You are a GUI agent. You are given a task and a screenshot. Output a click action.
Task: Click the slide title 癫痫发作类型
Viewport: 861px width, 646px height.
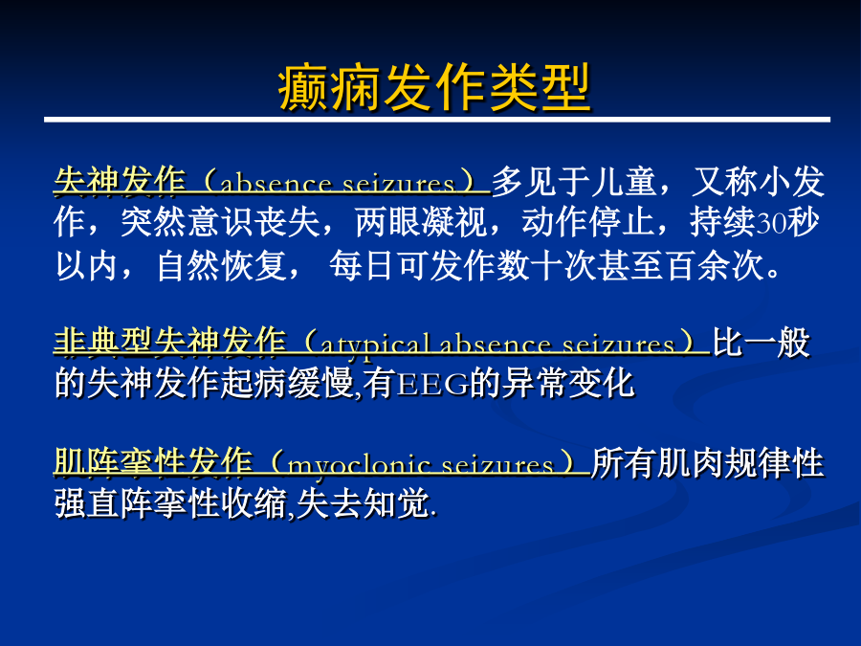[433, 87]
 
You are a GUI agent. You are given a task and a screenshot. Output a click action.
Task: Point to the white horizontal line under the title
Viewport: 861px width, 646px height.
[437, 120]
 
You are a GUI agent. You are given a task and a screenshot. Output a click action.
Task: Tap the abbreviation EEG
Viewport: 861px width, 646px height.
[432, 384]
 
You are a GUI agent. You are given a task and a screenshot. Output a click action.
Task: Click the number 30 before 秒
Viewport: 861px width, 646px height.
[771, 223]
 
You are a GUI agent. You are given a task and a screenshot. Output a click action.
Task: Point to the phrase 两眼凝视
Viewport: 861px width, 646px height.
[421, 222]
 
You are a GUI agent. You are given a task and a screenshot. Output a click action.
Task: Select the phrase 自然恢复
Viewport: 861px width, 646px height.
[222, 266]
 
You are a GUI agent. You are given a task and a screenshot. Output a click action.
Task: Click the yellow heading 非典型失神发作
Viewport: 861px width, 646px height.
[170, 344]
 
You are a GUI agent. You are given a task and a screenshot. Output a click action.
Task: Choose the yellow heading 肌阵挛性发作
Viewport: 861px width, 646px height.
[154, 462]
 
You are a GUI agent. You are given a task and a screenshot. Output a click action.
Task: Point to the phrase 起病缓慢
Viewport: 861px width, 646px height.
[287, 384]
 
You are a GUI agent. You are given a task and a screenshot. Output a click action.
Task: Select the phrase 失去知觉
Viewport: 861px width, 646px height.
[363, 503]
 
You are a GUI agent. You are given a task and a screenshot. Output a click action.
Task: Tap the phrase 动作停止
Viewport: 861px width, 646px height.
[588, 222]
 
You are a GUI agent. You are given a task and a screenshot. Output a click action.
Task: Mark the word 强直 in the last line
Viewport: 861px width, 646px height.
[87, 503]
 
